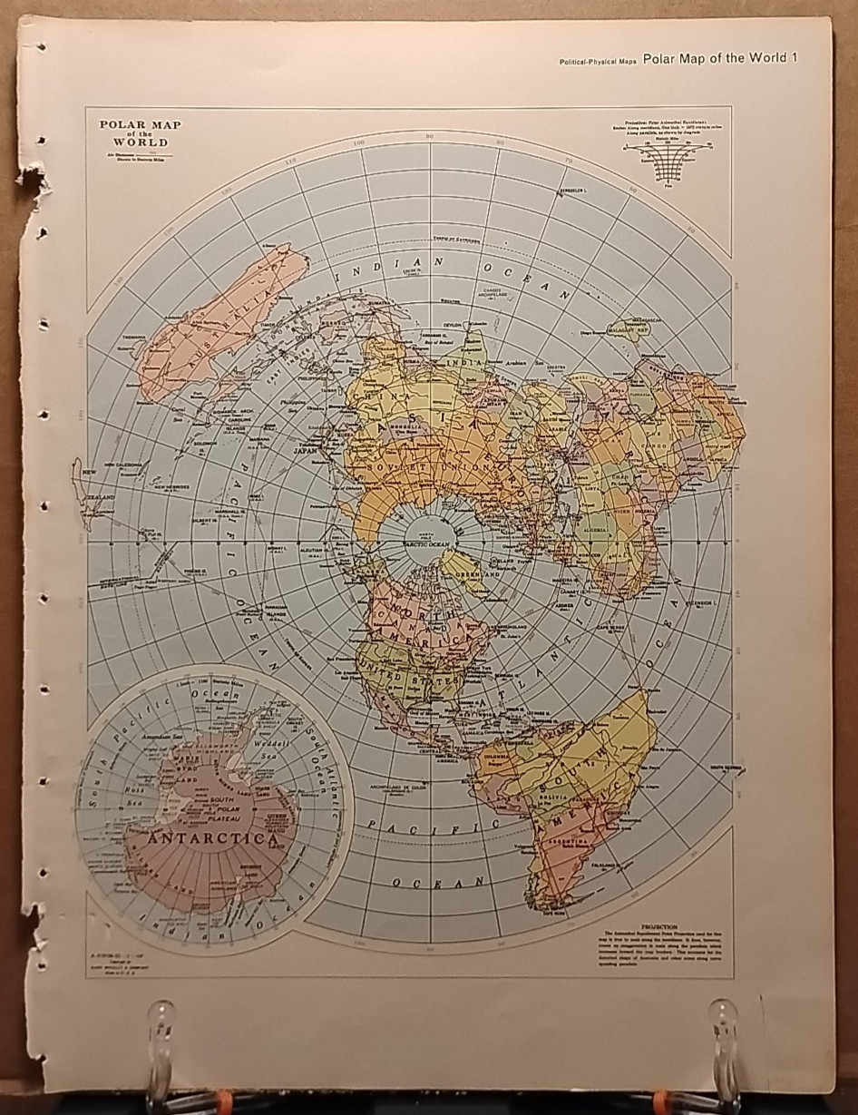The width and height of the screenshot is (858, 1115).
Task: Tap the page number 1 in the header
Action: click(x=794, y=59)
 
